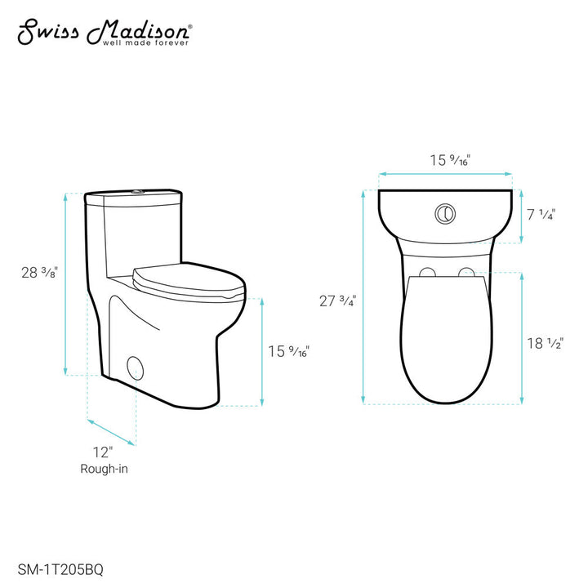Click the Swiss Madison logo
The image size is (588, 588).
[x=105, y=31]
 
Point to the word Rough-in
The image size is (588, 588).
[x=103, y=469]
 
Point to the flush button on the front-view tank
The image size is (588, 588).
[x=444, y=212]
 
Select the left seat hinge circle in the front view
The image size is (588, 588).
[x=427, y=273]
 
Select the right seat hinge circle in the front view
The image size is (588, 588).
[x=466, y=273]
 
